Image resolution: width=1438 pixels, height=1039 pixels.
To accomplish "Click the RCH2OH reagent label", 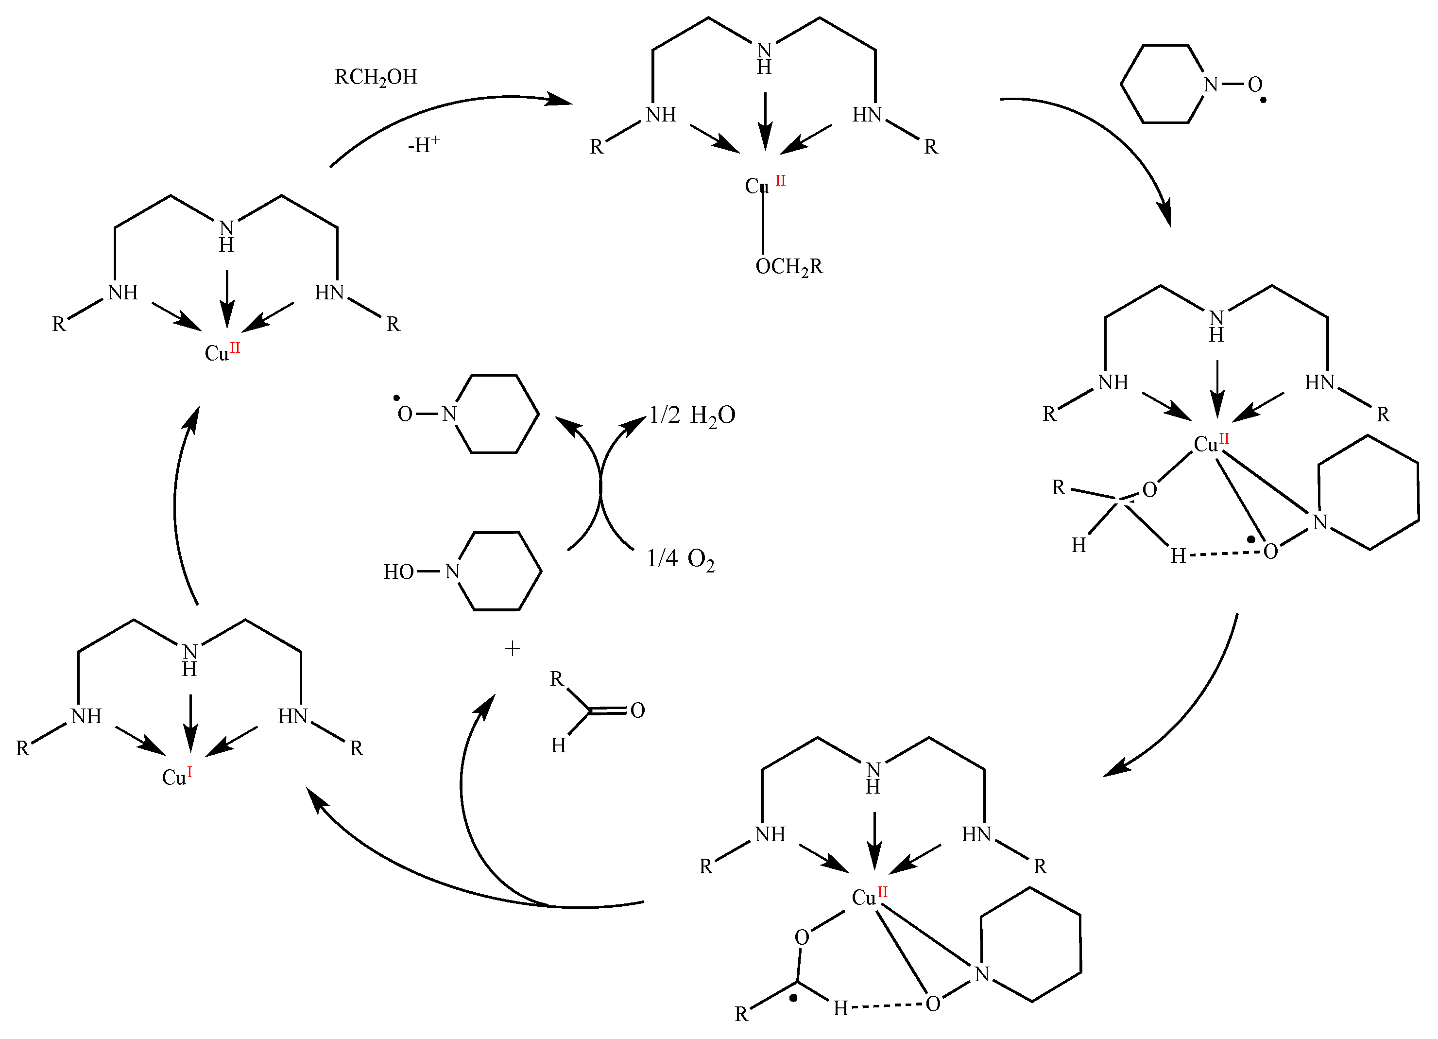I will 376,77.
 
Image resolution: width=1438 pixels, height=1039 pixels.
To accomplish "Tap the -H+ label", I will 423,145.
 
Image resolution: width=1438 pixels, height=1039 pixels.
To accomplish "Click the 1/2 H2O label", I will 692,416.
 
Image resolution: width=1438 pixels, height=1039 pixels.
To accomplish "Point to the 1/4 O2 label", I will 680,559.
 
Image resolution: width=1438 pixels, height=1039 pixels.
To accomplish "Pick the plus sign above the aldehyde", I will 513,648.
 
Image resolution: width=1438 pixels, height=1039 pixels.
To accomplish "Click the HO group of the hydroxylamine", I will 398,572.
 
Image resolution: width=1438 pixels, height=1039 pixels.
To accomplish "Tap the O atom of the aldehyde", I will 638,710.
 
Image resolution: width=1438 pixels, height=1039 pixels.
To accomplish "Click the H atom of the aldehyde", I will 558,745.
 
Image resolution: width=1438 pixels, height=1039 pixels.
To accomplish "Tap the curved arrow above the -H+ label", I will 444,108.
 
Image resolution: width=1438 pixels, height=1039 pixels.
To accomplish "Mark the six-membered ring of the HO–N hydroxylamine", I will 498,571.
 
